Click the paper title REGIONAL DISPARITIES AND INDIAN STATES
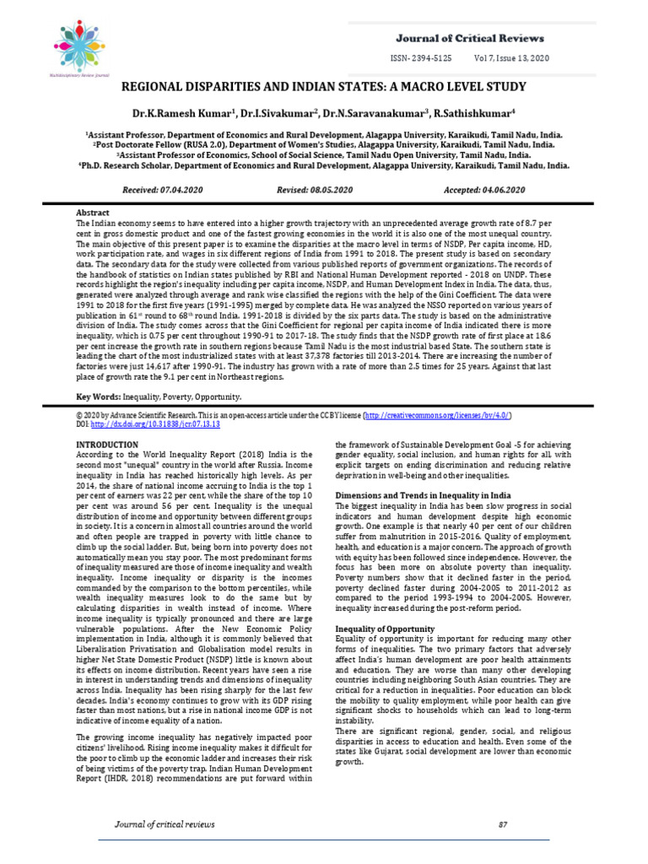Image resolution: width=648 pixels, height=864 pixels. click(324, 87)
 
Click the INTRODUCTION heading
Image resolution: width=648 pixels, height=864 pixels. click(107, 444)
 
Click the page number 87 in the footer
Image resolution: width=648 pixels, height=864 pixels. click(504, 823)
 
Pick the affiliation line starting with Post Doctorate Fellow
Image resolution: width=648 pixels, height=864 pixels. click(324, 144)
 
